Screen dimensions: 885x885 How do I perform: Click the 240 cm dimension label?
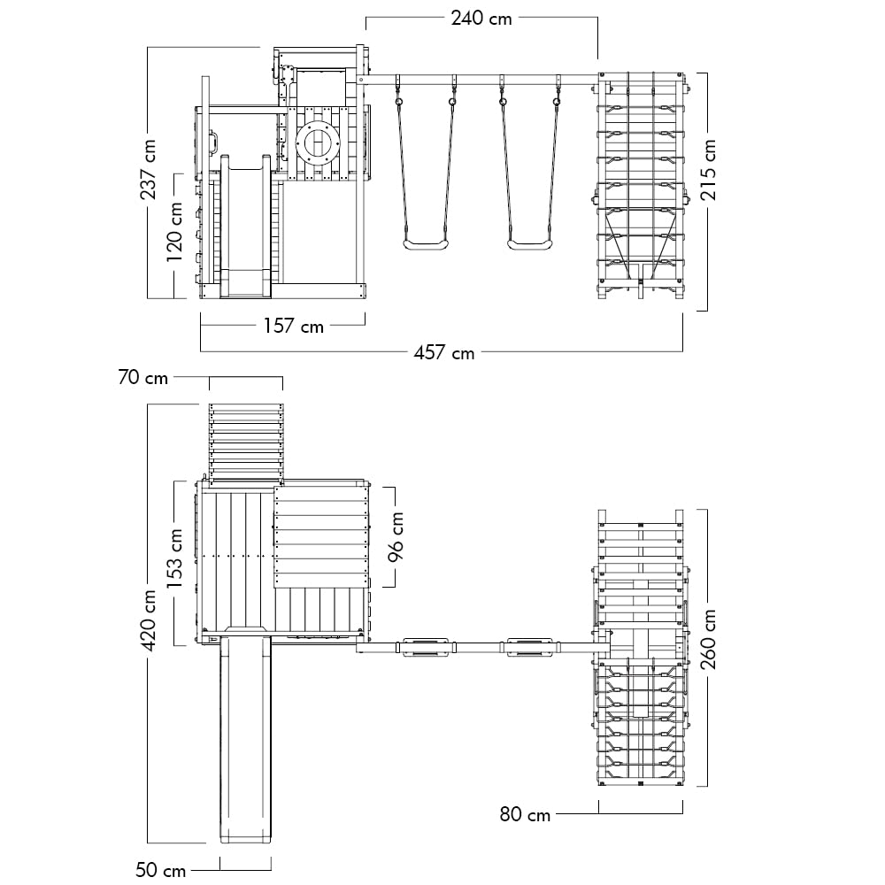(481, 19)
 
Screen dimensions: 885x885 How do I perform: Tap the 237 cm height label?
(149, 169)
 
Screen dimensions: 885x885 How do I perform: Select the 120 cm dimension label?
(174, 231)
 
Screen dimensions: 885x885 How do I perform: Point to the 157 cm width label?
(294, 326)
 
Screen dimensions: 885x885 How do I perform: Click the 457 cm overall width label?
(444, 353)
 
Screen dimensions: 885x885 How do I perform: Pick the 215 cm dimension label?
(708, 170)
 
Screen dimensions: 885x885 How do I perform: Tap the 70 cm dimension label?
(143, 377)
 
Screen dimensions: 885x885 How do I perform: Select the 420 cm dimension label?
(149, 619)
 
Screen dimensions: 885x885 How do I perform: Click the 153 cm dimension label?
(174, 558)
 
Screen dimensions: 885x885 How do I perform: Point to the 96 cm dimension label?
(396, 537)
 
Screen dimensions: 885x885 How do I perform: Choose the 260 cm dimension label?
(708, 639)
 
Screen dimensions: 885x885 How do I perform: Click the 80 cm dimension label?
(525, 814)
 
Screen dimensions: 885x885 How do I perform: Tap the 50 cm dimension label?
(161, 870)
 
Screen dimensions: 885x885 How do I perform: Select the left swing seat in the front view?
(426, 244)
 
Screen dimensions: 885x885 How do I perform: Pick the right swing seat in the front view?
(529, 244)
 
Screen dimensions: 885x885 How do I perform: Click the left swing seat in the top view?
(425, 647)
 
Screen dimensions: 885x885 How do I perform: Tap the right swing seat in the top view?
(529, 647)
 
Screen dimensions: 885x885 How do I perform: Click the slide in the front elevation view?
(245, 227)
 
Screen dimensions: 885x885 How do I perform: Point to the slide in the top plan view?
(245, 735)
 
